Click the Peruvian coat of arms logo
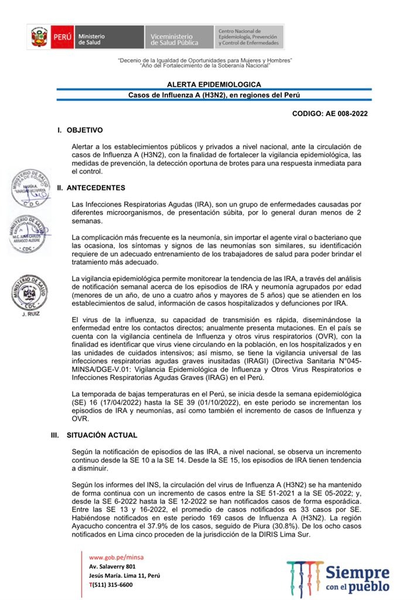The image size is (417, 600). (x=39, y=37)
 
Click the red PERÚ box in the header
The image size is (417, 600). (x=62, y=37)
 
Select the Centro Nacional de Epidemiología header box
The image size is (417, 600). (x=249, y=37)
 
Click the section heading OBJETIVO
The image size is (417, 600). (x=85, y=130)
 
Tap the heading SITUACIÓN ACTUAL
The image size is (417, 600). (x=102, y=435)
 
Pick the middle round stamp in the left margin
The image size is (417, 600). (x=28, y=233)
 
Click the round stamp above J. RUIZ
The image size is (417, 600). (x=29, y=293)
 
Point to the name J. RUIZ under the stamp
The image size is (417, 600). (x=29, y=315)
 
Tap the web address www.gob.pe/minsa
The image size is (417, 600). (x=116, y=557)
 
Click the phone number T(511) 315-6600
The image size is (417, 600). (x=111, y=584)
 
